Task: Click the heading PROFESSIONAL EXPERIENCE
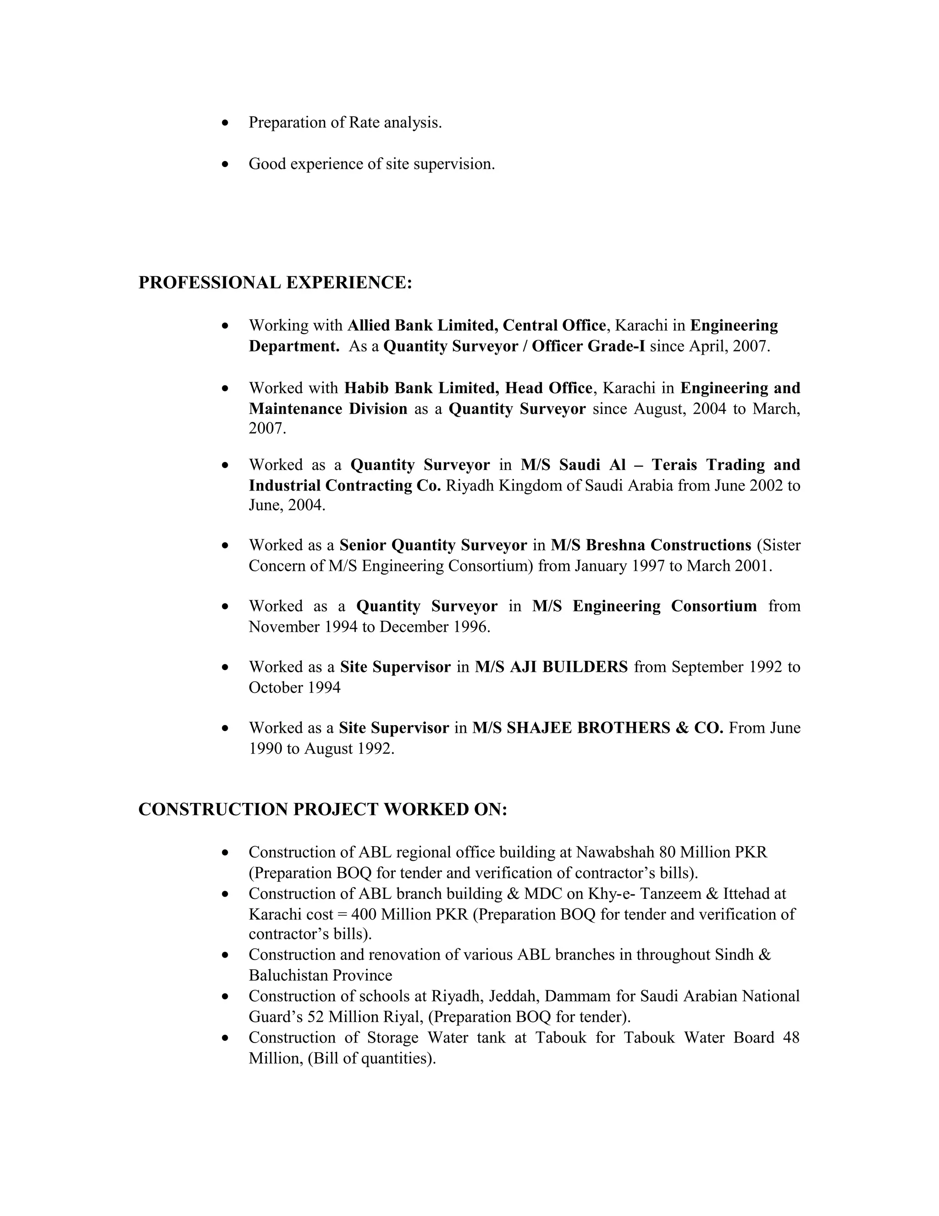[x=275, y=283]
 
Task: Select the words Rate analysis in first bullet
[x=394, y=123]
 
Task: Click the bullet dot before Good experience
[x=225, y=164]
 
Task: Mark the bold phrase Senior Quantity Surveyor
[x=433, y=545]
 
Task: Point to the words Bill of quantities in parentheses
[x=370, y=1058]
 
